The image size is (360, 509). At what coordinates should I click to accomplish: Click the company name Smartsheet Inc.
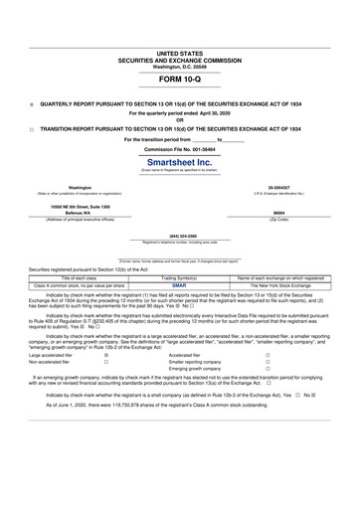[x=179, y=160]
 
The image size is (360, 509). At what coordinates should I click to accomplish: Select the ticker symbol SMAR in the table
[x=179, y=285]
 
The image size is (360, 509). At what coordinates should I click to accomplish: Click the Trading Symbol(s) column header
[x=179, y=277]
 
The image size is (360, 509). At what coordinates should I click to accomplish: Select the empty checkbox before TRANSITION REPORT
[x=32, y=129]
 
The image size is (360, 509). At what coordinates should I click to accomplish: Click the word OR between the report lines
[x=179, y=120]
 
